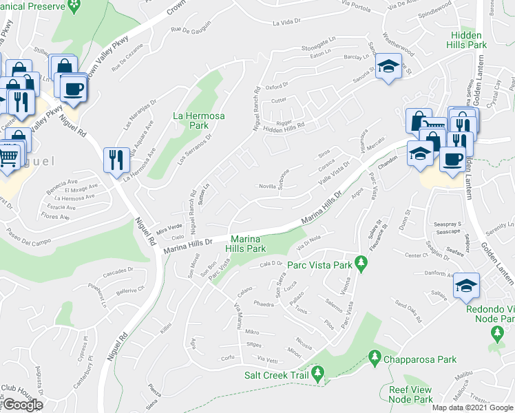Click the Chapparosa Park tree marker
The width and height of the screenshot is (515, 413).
375,357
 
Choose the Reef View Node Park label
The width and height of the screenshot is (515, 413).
410,394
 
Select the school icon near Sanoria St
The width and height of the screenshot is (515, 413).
389,67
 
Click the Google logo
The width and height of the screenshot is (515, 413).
22,405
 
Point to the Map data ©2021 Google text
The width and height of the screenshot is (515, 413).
472,407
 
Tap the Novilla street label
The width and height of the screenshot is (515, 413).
269,186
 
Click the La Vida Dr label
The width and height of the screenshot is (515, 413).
287,21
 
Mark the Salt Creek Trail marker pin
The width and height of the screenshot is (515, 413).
317,374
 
